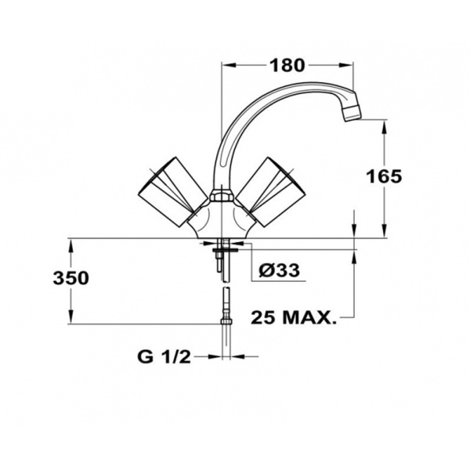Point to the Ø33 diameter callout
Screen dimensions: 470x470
[x=279, y=270]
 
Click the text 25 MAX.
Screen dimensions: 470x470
[x=294, y=317]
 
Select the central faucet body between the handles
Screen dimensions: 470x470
[x=222, y=219]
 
